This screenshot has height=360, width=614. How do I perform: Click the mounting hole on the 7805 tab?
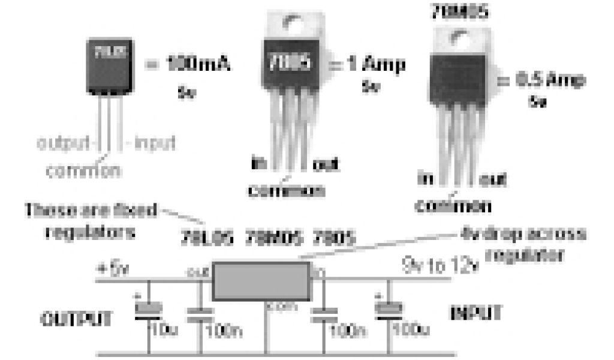click(293, 24)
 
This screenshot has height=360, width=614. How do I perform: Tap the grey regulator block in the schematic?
click(261, 281)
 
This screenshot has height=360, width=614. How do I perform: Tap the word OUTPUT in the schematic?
click(76, 318)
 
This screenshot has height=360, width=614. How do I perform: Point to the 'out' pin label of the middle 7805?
click(326, 163)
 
